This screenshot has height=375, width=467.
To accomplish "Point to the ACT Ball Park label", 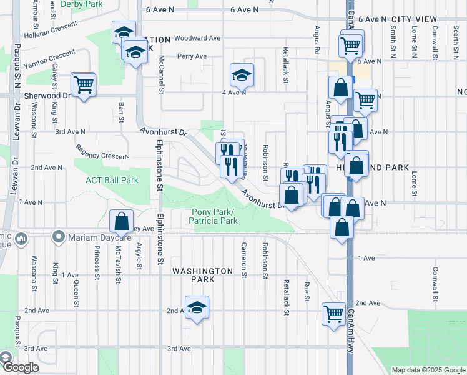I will click(112, 181).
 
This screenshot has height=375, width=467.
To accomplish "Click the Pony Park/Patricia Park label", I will click(214, 216).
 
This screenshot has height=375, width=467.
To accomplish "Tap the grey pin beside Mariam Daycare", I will click(59, 237).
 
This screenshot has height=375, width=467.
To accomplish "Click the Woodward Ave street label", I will click(198, 38).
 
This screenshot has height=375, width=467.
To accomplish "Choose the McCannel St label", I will click(161, 76).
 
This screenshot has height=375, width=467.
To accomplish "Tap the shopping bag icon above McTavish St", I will click(121, 221).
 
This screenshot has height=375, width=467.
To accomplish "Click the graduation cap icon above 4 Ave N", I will click(241, 75).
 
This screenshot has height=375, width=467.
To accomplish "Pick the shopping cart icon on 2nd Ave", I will click(333, 312).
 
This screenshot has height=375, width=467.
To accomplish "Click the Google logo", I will click(21, 368).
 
